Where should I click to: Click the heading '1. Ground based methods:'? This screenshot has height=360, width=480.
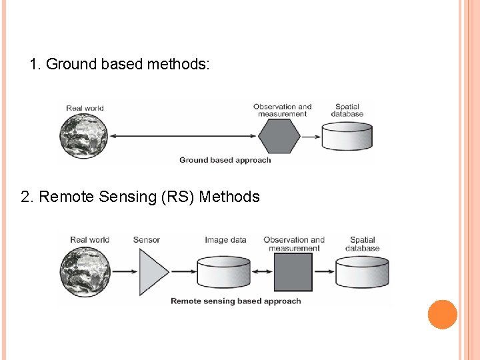click(x=120, y=65)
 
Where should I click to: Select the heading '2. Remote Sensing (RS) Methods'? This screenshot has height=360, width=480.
click(x=140, y=197)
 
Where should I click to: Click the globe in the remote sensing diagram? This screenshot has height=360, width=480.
click(x=84, y=272)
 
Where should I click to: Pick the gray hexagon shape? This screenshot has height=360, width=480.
click(x=279, y=137)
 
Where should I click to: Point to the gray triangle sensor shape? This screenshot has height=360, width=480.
click(x=152, y=272)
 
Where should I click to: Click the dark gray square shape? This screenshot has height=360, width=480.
click(x=293, y=272)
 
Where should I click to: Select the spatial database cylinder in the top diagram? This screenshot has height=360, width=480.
click(x=347, y=137)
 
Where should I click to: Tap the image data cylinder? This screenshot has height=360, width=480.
click(x=224, y=272)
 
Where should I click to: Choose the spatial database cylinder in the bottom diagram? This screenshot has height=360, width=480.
click(x=362, y=272)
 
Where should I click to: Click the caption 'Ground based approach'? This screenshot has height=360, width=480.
click(x=225, y=160)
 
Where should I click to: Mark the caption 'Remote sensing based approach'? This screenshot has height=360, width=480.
click(x=235, y=301)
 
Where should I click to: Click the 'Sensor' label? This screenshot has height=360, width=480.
click(x=147, y=240)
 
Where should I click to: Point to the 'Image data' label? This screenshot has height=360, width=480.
click(x=225, y=240)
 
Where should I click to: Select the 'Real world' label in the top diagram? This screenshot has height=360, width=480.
click(x=85, y=108)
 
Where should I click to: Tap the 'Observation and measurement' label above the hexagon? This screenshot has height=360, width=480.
click(x=282, y=110)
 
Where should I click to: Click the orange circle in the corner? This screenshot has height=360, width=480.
click(x=442, y=315)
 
